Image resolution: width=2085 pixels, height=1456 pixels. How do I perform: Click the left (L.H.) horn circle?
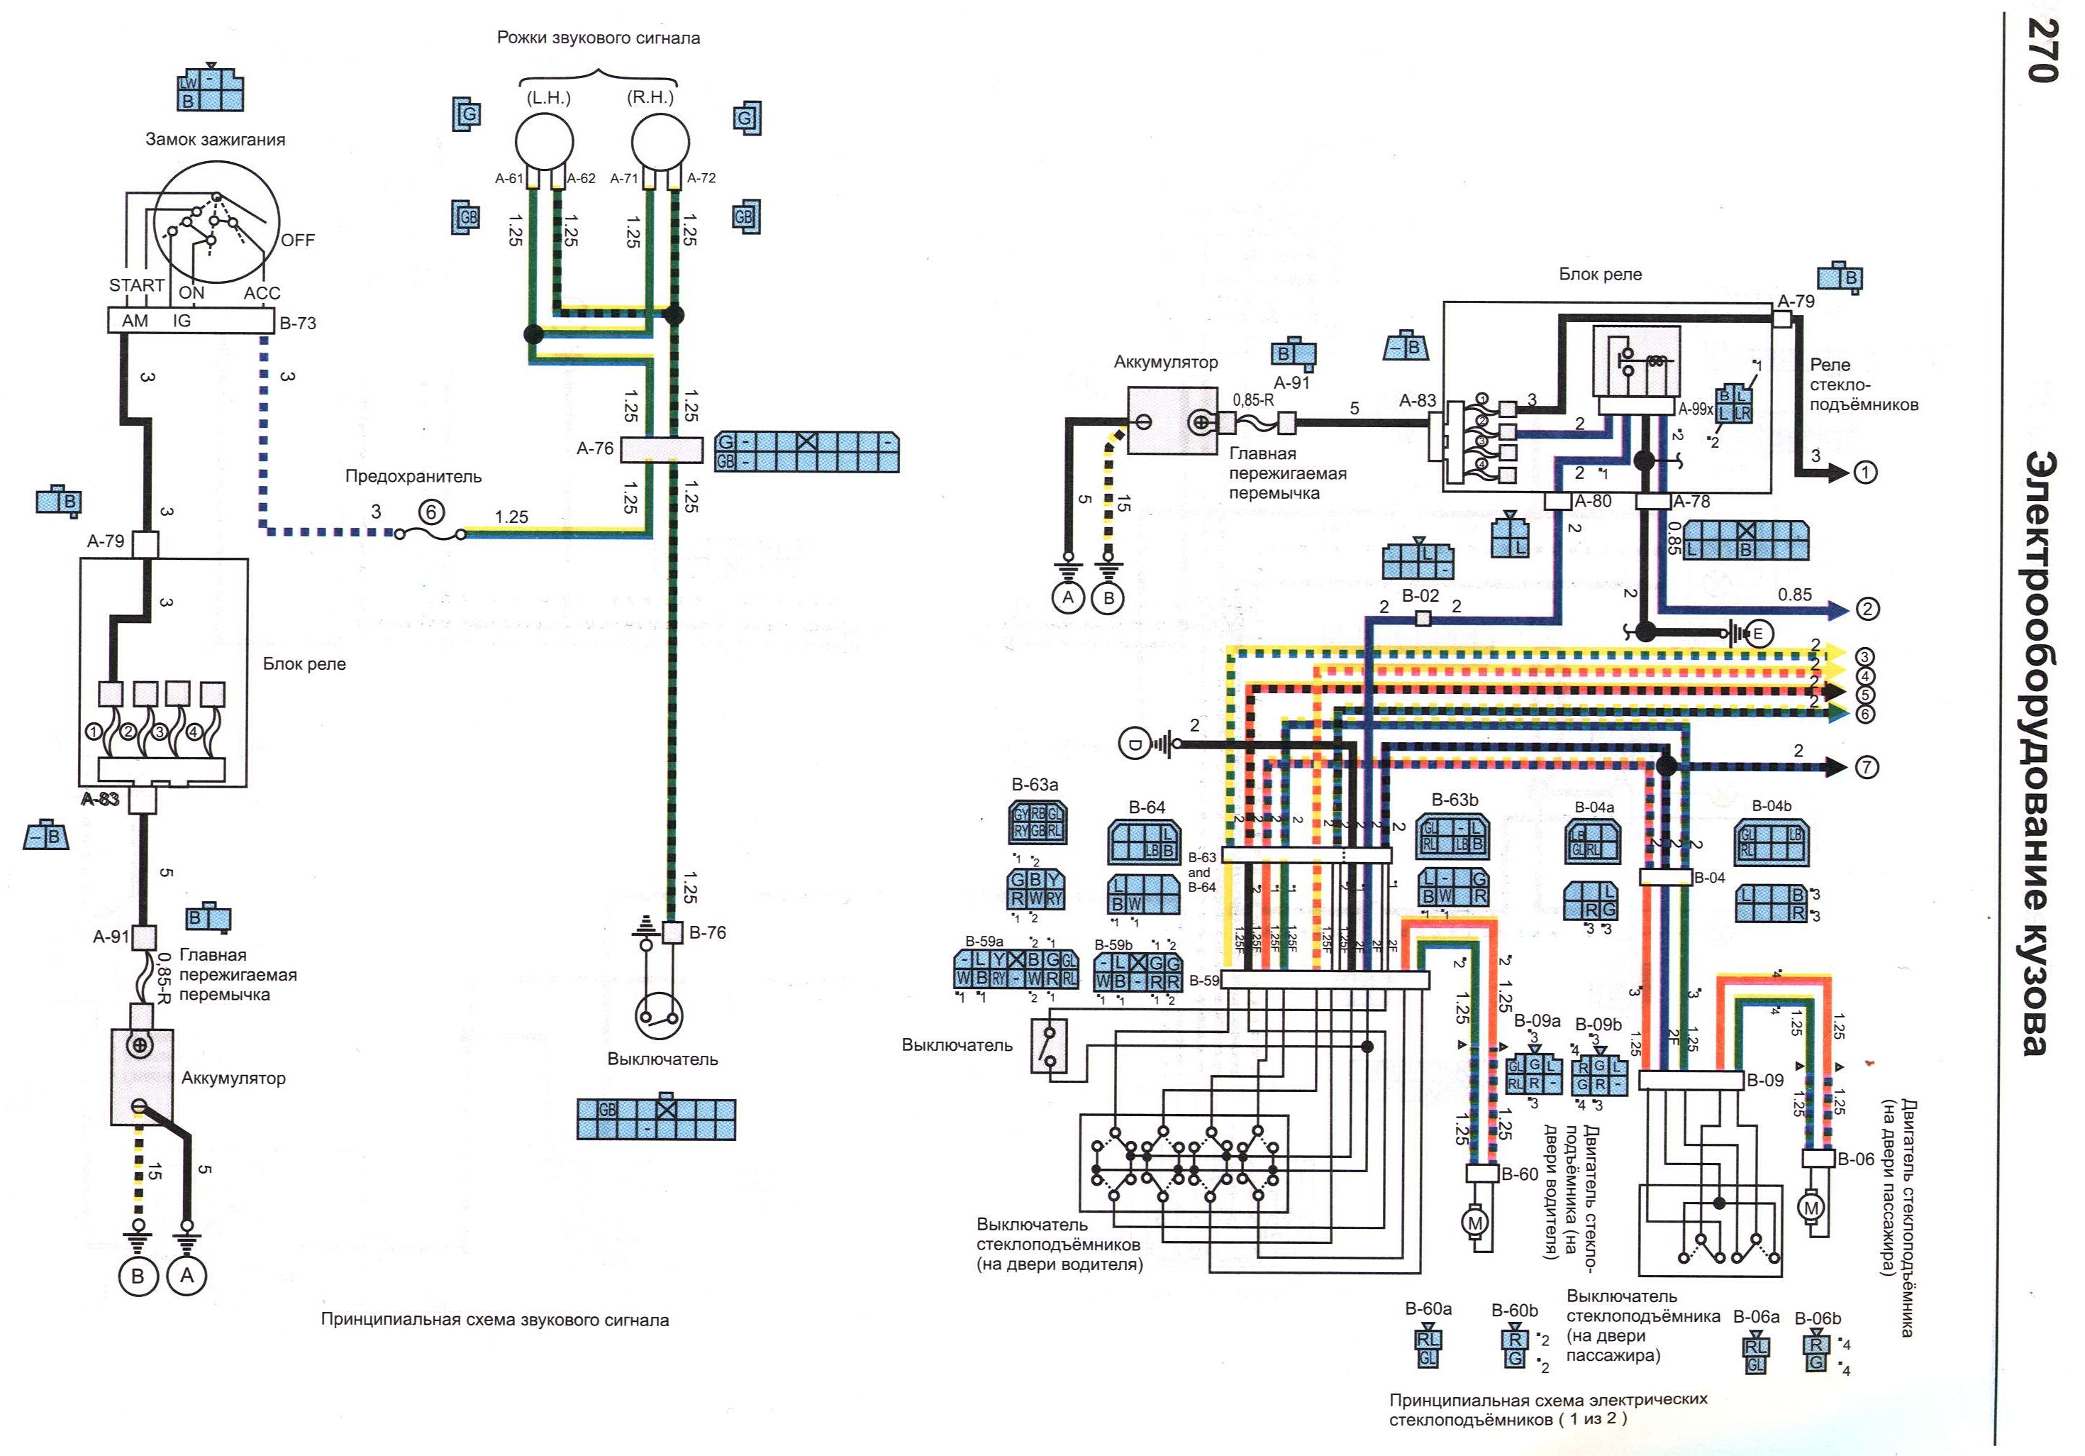(x=545, y=143)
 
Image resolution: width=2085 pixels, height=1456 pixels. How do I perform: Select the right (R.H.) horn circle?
(x=660, y=143)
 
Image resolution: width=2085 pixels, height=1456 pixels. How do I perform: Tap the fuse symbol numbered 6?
(x=431, y=513)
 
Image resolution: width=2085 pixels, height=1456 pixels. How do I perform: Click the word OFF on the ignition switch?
(x=298, y=241)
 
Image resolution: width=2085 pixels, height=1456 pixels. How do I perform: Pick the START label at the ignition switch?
(x=136, y=285)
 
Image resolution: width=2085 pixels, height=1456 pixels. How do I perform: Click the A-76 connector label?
(x=595, y=448)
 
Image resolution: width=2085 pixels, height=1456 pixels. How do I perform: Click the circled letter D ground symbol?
(x=1134, y=746)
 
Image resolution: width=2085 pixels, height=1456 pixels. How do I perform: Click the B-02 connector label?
(x=1420, y=596)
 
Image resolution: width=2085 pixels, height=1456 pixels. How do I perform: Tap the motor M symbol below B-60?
(x=1475, y=1223)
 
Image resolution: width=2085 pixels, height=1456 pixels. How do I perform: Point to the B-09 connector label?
(x=1765, y=1080)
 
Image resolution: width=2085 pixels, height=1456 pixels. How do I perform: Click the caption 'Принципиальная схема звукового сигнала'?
(x=494, y=1320)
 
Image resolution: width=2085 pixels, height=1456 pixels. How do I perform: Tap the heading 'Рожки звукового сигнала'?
(x=599, y=38)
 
